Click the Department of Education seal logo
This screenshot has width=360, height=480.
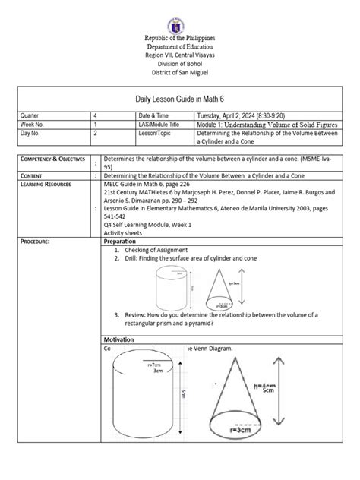[x=180, y=16]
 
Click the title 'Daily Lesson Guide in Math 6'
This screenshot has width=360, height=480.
[x=179, y=96]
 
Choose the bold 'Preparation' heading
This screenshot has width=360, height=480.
[x=122, y=241]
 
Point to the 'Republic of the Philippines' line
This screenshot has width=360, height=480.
[x=180, y=37]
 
